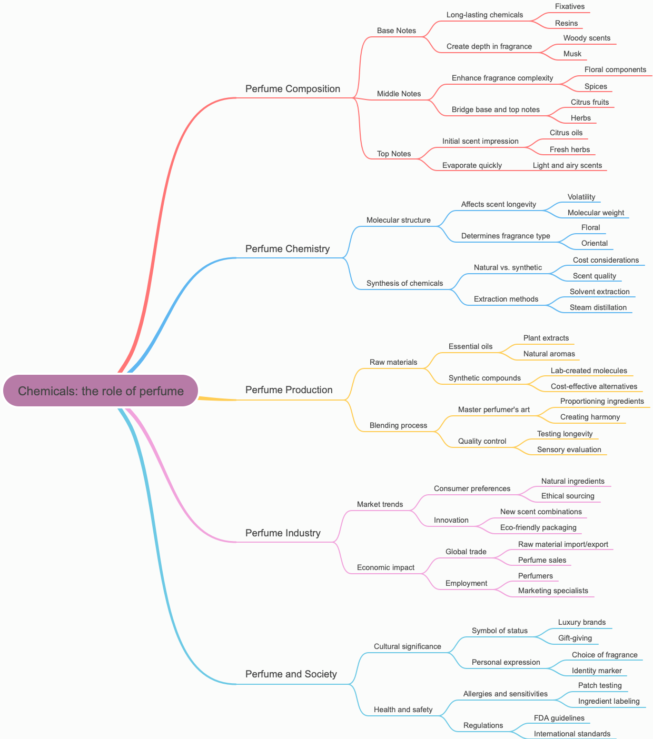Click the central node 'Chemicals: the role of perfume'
(x=101, y=391)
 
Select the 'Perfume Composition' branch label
(x=293, y=89)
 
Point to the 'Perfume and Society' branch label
(x=291, y=674)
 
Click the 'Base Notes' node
(x=397, y=31)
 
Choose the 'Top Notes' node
(x=394, y=154)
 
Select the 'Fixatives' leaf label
(x=570, y=6)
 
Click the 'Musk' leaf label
(x=572, y=54)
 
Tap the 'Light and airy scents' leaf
(x=567, y=165)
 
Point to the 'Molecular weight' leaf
(x=596, y=213)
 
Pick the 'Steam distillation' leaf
(x=598, y=307)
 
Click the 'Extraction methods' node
(x=506, y=299)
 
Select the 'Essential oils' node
(x=471, y=346)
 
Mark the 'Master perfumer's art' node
(x=494, y=410)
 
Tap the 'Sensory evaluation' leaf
(x=569, y=450)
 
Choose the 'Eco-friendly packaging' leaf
(x=538, y=527)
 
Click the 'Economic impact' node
(x=385, y=567)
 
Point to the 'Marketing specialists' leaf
(x=553, y=591)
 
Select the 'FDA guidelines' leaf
(x=559, y=718)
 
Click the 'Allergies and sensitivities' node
(x=506, y=694)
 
